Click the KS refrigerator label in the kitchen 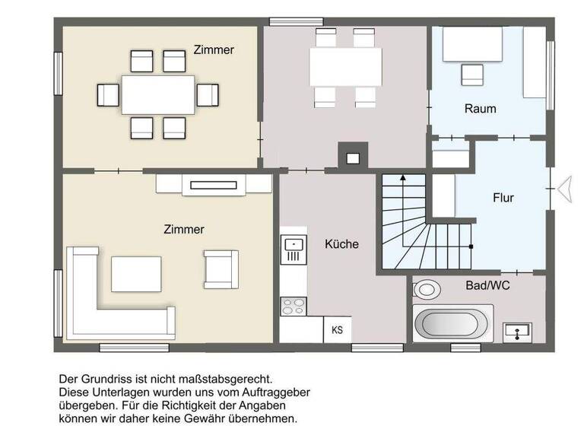337,329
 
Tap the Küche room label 341,244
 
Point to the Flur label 503,198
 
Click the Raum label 480,109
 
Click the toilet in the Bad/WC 427,289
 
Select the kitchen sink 294,245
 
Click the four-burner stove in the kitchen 294,306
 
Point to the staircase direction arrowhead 402,176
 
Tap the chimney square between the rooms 352,158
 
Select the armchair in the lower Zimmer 221,269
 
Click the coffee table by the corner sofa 137,274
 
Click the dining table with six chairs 158,95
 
